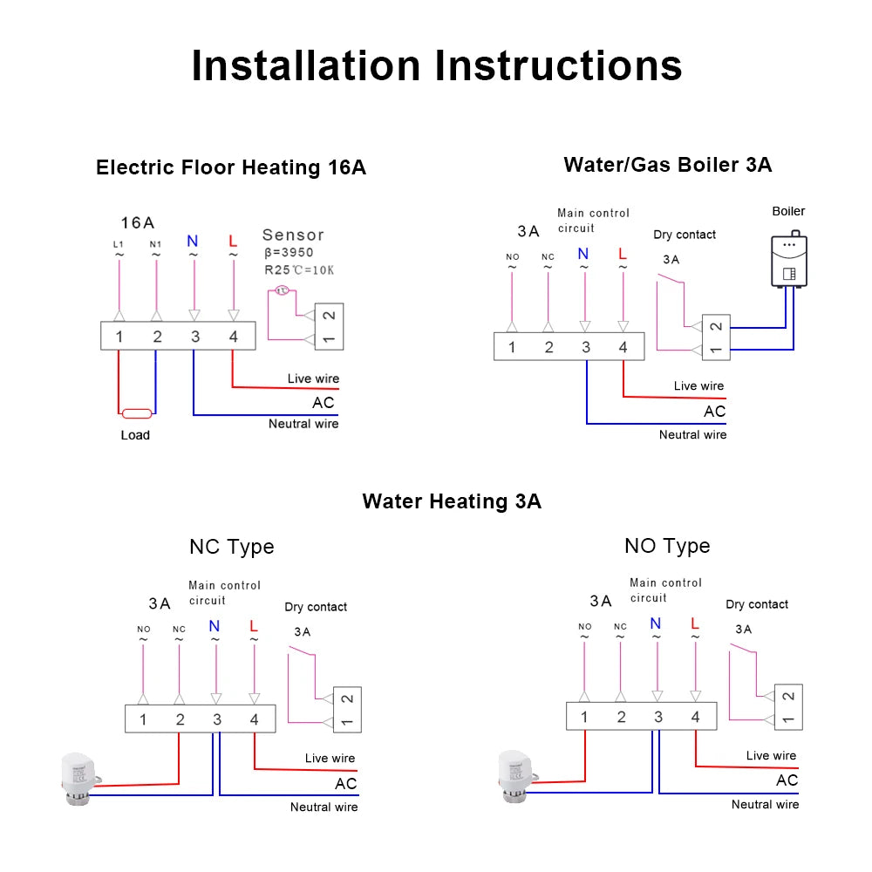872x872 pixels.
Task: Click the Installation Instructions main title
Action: tap(436, 66)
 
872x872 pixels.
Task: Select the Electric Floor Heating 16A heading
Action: tap(231, 167)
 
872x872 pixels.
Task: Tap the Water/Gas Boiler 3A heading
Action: tap(667, 164)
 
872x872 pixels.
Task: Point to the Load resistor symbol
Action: tap(137, 413)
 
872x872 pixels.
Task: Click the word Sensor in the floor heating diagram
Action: tap(293, 235)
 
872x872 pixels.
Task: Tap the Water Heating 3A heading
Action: tap(452, 501)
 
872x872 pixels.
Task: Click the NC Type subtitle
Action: tap(231, 547)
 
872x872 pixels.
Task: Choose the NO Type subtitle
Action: tap(667, 546)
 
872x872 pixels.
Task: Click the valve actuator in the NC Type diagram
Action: tap(74, 773)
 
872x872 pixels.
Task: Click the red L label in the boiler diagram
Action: tap(622, 254)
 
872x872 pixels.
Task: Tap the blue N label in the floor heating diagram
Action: tap(194, 239)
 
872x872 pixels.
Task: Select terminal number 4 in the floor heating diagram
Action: tap(233, 337)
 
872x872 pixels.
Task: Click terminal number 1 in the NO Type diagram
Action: tap(584, 717)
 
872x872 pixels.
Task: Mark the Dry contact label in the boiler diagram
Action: tap(685, 235)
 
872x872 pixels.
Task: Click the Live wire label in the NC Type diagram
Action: tap(330, 759)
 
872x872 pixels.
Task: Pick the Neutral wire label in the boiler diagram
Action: tap(692, 434)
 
